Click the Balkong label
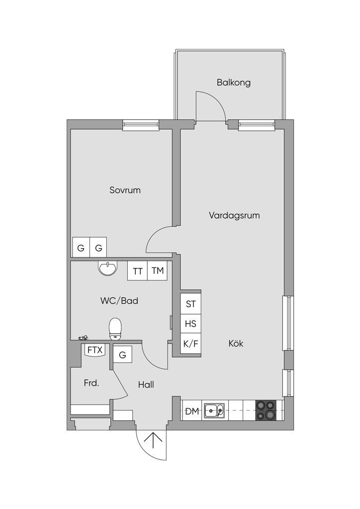point(233,83)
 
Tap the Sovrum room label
point(125,190)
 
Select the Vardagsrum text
point(234,215)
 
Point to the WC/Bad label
point(119,301)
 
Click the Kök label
point(236,343)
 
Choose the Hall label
point(146,385)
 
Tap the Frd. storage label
point(91,383)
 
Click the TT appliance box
point(137,271)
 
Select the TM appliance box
point(158,271)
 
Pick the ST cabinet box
point(191,304)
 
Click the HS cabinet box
point(191,324)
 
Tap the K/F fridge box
point(191,344)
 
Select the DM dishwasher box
point(192,411)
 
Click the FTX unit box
point(95,350)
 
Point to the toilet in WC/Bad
point(115,329)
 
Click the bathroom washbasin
point(107,268)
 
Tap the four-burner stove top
point(266,411)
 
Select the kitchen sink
point(214,411)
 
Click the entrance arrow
point(153,441)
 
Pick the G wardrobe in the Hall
point(122,355)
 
